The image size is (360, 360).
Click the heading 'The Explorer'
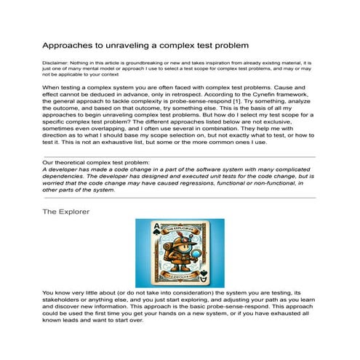point(66,211)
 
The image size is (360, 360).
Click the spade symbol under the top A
point(151,236)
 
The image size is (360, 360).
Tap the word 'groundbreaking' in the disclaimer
point(149,63)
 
